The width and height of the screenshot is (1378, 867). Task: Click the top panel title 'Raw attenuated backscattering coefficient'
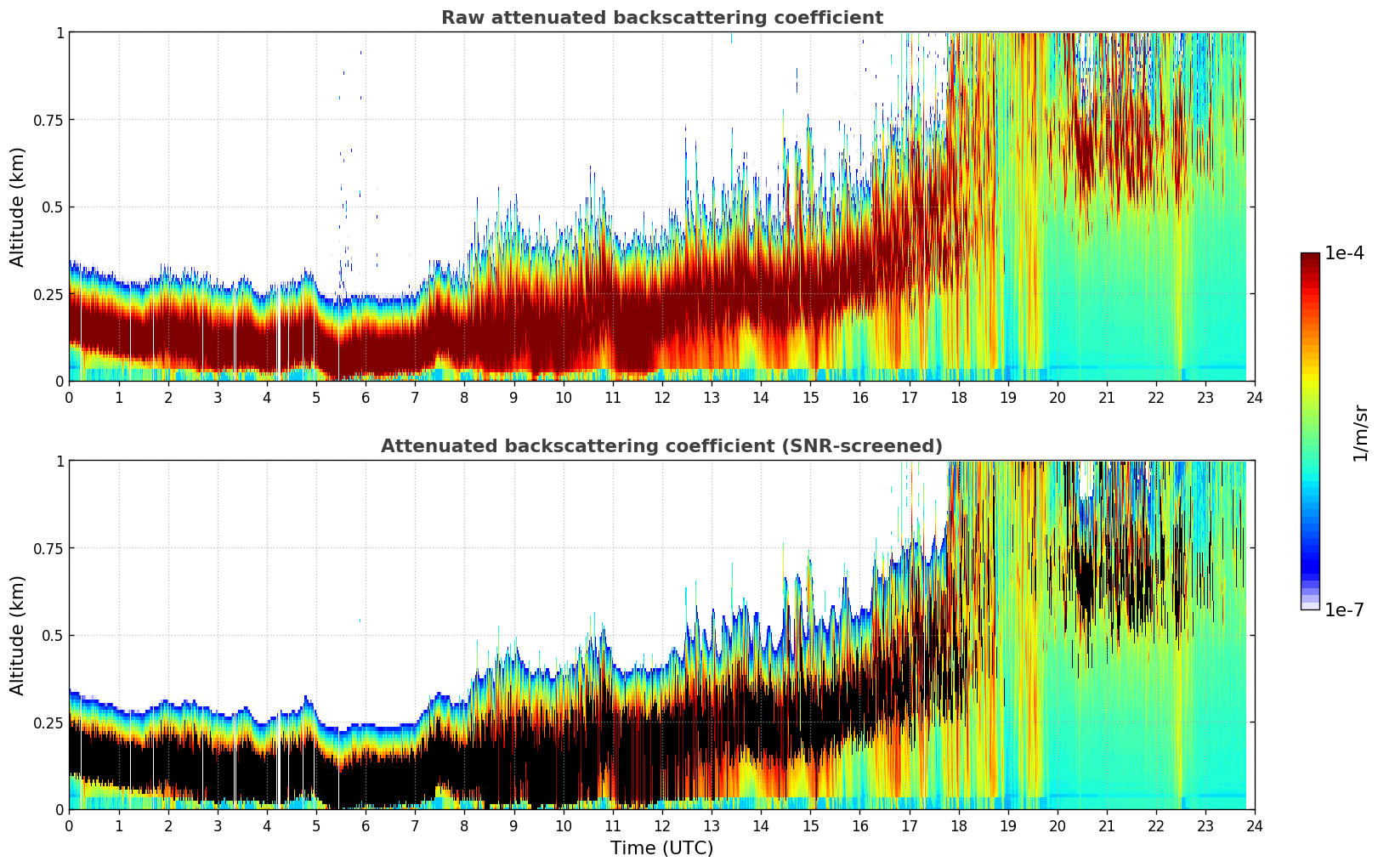coord(661,18)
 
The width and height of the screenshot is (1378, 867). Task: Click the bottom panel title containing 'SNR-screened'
coord(661,446)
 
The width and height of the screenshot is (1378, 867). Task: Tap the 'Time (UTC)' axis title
coord(661,848)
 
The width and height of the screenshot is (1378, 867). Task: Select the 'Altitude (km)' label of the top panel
coord(18,207)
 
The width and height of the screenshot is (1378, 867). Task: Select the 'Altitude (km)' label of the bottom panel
coord(18,635)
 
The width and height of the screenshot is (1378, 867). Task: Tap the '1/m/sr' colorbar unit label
coord(1360,433)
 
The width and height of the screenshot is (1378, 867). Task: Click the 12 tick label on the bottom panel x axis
coord(661,826)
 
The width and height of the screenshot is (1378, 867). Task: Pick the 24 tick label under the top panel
coord(1254,398)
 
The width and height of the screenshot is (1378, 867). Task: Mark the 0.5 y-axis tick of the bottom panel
coord(54,635)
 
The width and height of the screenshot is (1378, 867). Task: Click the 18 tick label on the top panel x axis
coord(958,398)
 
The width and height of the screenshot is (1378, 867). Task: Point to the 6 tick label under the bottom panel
coord(366,826)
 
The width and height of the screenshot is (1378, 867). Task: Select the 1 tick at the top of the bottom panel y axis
coord(60,461)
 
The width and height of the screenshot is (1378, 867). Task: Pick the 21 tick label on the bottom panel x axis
coord(1106,826)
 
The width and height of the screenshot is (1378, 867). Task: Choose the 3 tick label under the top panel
coord(218,398)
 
